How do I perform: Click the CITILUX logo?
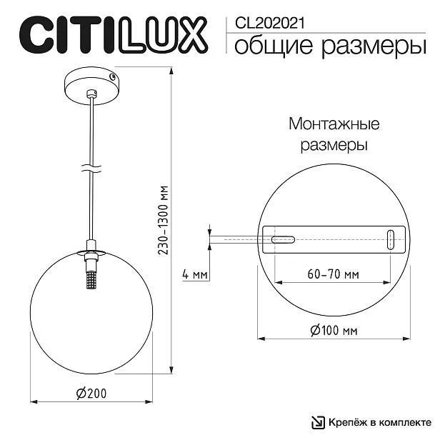[x=114, y=35]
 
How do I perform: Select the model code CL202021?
[x=269, y=23]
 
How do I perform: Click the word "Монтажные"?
[x=334, y=124]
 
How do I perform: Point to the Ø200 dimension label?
[x=91, y=393]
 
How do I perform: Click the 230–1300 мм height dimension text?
[x=164, y=220]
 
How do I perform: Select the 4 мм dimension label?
[x=195, y=274]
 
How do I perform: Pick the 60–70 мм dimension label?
[x=333, y=274]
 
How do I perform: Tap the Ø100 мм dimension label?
[x=334, y=330]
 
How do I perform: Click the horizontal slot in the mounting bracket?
[x=283, y=239]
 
